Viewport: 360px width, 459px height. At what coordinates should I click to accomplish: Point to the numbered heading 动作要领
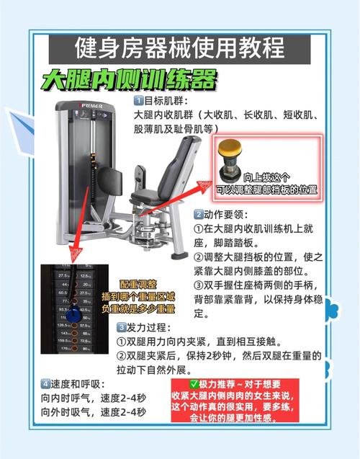tap(224, 214)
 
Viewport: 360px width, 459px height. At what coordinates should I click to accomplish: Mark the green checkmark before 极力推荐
tap(194, 384)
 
